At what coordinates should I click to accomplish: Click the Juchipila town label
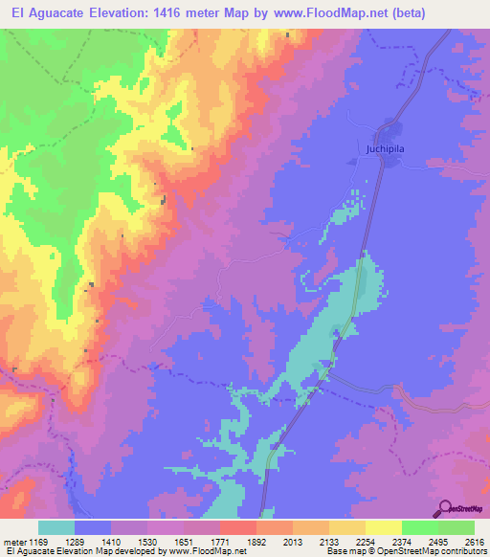(x=386, y=149)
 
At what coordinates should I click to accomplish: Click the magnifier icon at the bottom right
(x=443, y=507)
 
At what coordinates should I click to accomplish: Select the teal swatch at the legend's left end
(x=56, y=527)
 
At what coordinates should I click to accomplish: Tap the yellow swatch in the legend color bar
(x=384, y=527)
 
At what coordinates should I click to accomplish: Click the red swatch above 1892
(x=238, y=527)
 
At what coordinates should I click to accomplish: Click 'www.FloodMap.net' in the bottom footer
(x=201, y=552)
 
